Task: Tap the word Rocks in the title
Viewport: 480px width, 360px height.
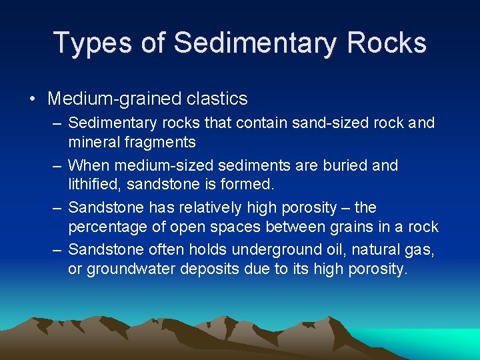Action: click(387, 43)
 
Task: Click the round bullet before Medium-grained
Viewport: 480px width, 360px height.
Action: click(33, 99)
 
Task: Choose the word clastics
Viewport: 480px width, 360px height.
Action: click(216, 99)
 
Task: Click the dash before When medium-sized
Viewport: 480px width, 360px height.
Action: click(58, 165)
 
